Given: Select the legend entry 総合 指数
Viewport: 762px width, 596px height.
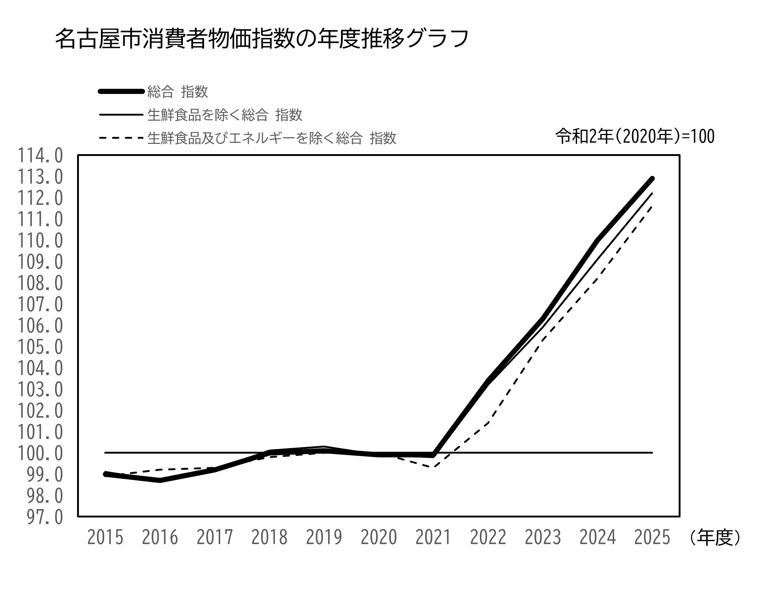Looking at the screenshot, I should click(178, 92).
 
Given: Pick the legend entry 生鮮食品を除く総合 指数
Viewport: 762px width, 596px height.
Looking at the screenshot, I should click(225, 115).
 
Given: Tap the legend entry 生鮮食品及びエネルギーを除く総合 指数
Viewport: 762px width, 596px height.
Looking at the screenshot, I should click(272, 138).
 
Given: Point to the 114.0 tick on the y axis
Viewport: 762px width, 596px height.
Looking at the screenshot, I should click(40, 156).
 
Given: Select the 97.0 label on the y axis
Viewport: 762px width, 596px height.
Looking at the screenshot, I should click(45, 517).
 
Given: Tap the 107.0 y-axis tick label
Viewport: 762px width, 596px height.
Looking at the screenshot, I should click(40, 305).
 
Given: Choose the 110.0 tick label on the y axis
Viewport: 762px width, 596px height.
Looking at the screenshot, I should click(40, 241).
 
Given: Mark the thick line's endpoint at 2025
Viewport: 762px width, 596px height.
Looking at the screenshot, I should click(652, 179).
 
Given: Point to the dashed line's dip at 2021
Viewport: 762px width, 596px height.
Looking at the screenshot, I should click(434, 467).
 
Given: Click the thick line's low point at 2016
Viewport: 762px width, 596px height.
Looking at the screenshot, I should click(160, 480).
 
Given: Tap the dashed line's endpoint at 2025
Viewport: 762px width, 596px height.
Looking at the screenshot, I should click(652, 206).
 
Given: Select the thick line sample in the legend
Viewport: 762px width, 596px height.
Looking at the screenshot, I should click(121, 92).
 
